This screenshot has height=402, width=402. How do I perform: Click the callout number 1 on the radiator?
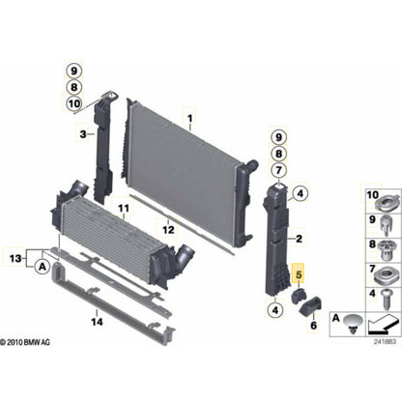click(x=190, y=122)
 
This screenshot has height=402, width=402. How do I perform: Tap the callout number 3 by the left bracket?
click(x=83, y=132)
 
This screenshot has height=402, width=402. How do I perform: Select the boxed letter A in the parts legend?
click(x=335, y=318)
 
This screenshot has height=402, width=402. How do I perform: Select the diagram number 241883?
click(x=384, y=339)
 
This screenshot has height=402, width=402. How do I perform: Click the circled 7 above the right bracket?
click(x=279, y=170)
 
